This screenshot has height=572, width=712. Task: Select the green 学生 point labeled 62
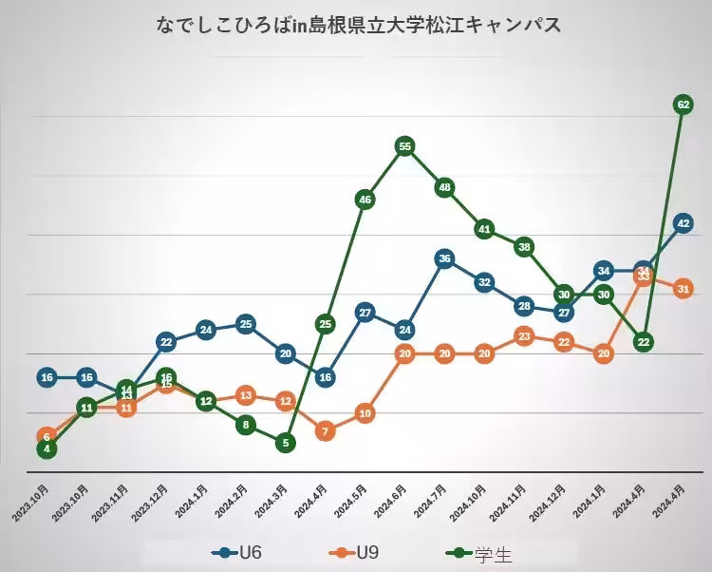click(x=683, y=104)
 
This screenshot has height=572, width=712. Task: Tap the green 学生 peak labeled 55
click(x=404, y=146)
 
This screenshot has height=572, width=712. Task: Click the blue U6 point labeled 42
click(x=683, y=223)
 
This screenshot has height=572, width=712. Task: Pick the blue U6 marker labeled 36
click(x=444, y=258)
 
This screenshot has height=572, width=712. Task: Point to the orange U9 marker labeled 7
click(x=325, y=430)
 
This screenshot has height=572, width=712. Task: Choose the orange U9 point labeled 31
click(x=683, y=289)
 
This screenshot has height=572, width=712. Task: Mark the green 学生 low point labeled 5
click(x=285, y=442)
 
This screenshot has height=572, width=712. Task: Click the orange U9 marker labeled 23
click(x=524, y=335)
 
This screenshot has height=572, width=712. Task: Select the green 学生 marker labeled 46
click(x=365, y=200)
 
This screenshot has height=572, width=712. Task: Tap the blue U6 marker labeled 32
click(x=484, y=282)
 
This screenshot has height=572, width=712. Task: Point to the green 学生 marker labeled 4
click(x=47, y=448)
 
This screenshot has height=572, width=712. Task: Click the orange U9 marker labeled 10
click(x=365, y=413)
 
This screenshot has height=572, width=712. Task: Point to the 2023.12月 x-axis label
click(x=150, y=502)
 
